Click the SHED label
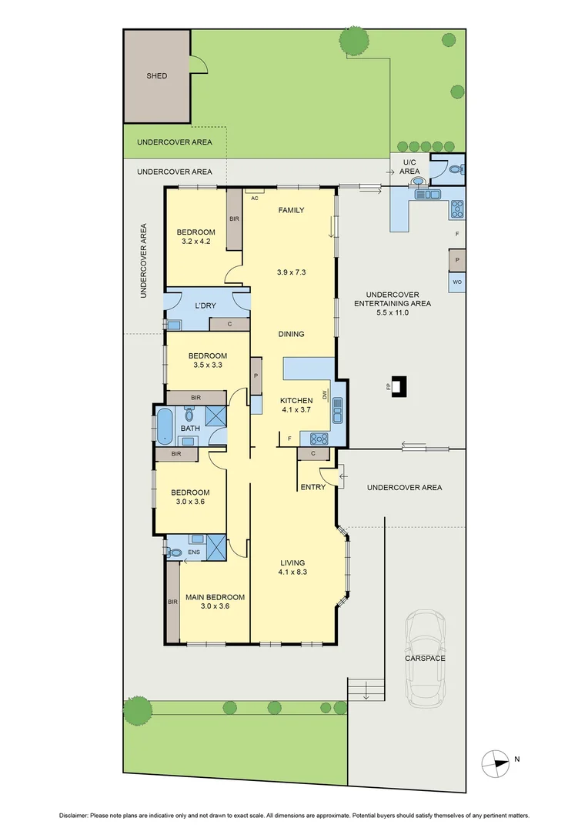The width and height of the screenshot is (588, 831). point(157,76)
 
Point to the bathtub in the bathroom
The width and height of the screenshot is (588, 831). point(165,426)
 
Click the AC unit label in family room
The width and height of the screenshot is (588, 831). point(254,198)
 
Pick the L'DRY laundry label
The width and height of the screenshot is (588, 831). point(205,305)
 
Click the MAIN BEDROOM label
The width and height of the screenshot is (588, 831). point(215,597)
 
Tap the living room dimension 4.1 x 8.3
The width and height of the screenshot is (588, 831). point(293,572)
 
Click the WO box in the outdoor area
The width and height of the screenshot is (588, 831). point(456,282)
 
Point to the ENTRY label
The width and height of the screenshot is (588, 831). point(312,486)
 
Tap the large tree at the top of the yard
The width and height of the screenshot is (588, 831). point(352,42)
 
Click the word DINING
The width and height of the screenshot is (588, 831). point(291,334)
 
